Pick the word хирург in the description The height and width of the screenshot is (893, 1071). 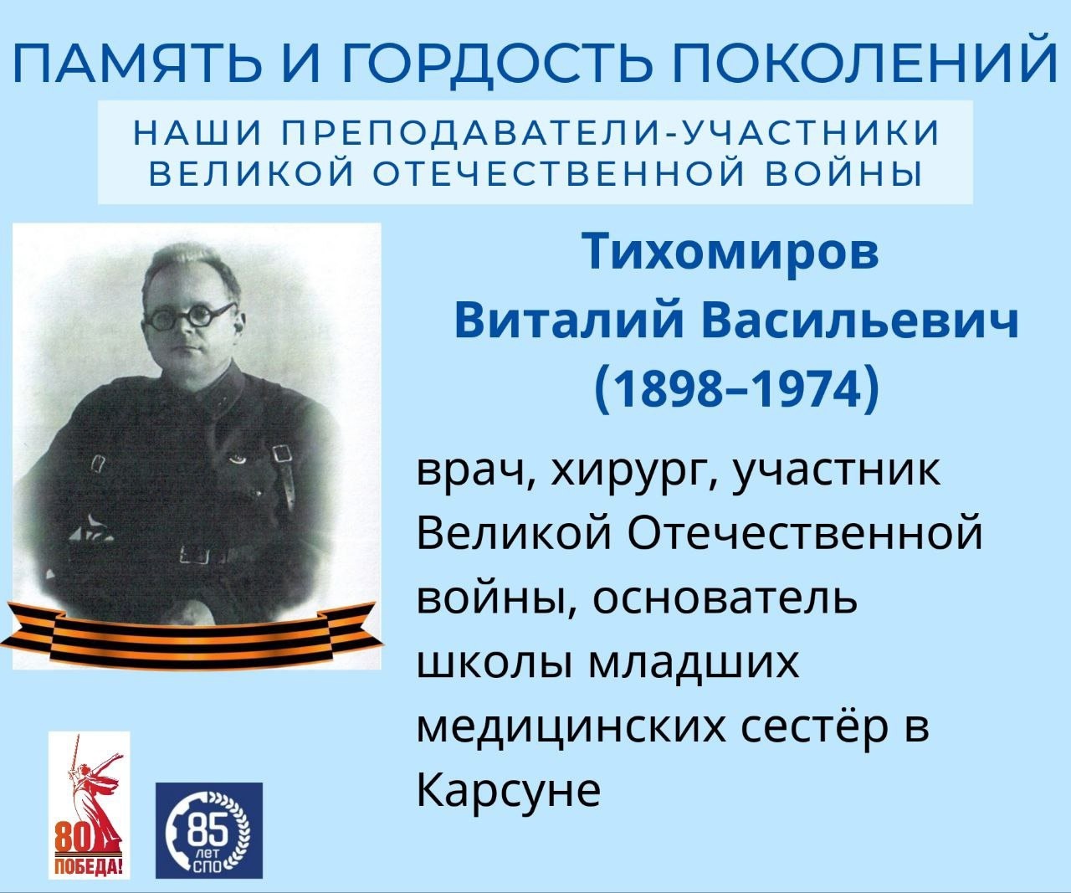[634, 473]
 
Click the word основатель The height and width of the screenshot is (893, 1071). [725, 600]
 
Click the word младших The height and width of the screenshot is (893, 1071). [694, 665]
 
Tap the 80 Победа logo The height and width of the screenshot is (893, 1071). [90, 805]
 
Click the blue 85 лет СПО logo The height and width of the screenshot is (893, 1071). [209, 830]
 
